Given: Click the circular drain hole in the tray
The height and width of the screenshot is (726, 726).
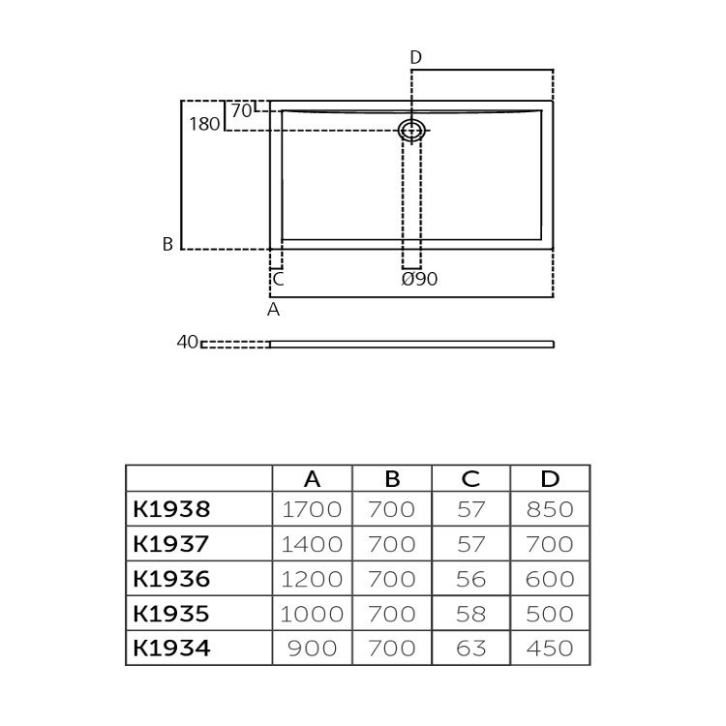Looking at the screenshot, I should click(412, 130).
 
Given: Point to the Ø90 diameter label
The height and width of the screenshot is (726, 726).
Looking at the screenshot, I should click(419, 279).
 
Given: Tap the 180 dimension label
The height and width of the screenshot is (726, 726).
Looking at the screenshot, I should click(204, 124).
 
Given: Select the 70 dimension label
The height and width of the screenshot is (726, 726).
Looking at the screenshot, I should click(241, 110).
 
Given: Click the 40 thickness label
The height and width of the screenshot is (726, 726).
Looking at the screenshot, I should click(188, 342).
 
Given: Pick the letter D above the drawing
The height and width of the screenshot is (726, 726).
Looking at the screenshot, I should click(415, 57).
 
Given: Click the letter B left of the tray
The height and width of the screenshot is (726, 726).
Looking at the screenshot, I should click(167, 245).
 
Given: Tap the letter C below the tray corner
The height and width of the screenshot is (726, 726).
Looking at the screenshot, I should click(278, 280).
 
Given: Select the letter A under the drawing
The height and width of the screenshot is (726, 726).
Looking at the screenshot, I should click(273, 310).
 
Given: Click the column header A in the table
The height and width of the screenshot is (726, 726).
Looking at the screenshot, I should click(312, 479).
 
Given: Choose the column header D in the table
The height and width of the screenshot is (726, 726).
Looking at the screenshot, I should click(550, 479).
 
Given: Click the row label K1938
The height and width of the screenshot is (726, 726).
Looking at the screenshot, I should click(171, 509).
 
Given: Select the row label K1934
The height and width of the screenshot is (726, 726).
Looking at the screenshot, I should click(171, 649).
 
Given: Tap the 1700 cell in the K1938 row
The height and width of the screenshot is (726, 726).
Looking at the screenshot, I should click(312, 509).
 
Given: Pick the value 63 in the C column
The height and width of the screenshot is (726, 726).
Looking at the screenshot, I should click(470, 649).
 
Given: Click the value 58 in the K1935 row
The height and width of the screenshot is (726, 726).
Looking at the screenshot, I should click(470, 614).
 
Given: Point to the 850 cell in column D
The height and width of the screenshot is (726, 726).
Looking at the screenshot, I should click(550, 509).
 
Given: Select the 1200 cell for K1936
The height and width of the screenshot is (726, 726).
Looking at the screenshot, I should click(312, 579).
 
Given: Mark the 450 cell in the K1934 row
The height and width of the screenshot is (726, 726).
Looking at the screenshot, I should click(550, 649).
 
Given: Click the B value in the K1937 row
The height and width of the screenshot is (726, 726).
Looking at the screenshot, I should click(392, 544).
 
